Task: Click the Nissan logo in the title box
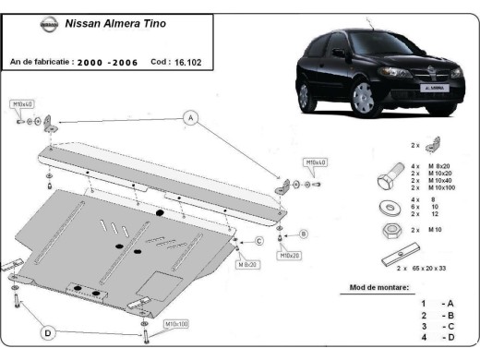pyautogui.click(x=48, y=25)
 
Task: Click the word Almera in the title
pyautogui.click(x=123, y=24)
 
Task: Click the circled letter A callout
pyautogui.click(x=191, y=117)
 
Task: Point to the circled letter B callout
pyautogui.click(x=303, y=234)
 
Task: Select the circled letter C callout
pyautogui.click(x=259, y=241)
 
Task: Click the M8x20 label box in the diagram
pyautogui.click(x=246, y=264)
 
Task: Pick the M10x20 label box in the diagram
pyautogui.click(x=291, y=255)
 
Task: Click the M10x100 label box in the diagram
pyautogui.click(x=176, y=324)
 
